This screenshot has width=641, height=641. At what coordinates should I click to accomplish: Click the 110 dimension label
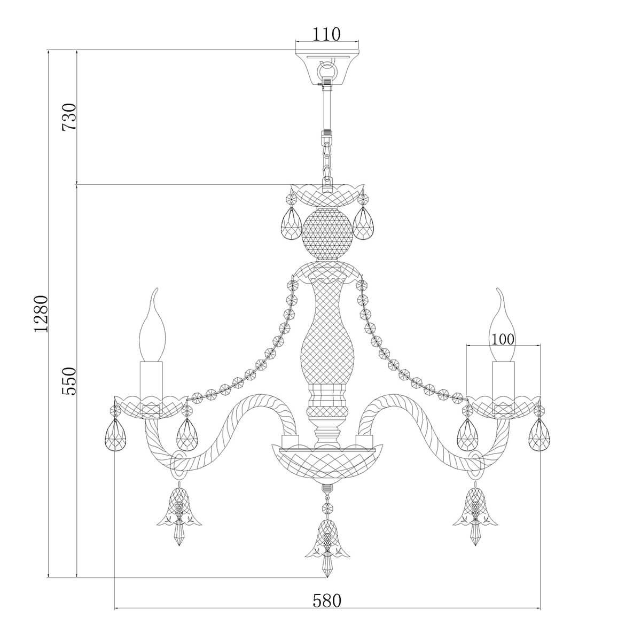[x=327, y=34]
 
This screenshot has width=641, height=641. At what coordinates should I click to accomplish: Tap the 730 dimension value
[x=69, y=117]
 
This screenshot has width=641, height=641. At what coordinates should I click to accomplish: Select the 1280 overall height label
[x=41, y=314]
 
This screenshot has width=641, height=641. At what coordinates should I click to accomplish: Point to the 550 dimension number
[x=69, y=381]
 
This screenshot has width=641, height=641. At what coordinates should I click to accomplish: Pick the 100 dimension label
[x=503, y=339]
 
